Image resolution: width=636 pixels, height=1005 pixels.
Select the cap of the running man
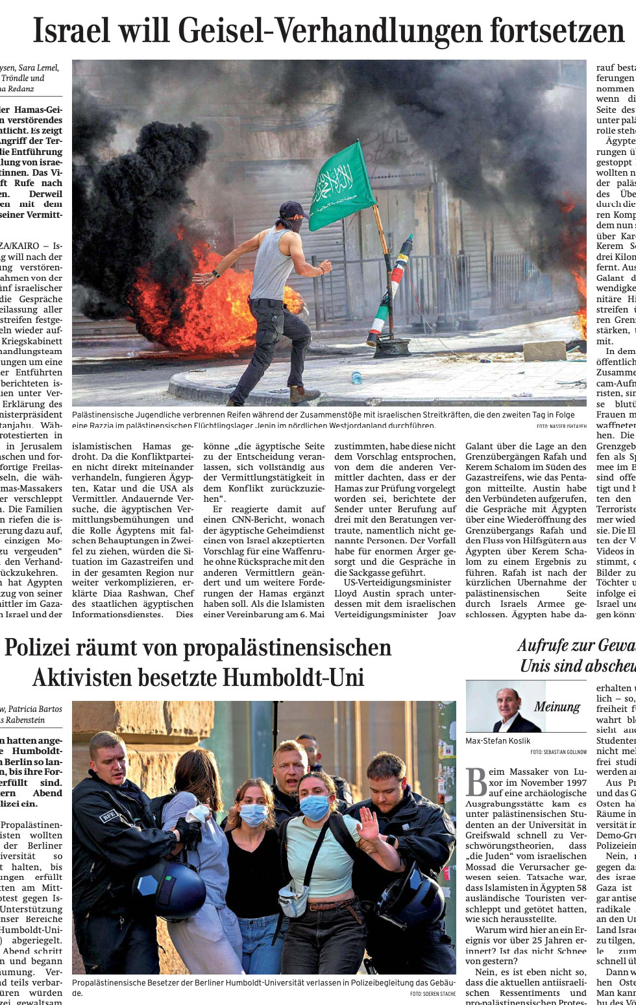pos(291,209)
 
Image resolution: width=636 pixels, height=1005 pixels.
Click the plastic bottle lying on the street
pos(356,377)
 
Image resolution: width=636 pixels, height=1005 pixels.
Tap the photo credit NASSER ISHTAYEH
pos(561,426)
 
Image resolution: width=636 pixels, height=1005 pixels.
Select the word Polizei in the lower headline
pos(45,648)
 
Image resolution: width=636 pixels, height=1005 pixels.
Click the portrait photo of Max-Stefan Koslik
pos(506,706)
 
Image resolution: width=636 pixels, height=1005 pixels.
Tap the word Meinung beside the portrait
pos(557,707)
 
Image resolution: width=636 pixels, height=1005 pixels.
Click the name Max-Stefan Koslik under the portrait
pos(498,740)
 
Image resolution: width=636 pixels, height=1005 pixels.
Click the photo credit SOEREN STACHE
pos(433,993)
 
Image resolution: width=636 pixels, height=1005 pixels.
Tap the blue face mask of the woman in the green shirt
pos(315,807)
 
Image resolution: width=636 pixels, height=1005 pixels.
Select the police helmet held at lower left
pos(170,889)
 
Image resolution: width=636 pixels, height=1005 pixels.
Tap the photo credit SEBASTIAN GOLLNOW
pos(558,752)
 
